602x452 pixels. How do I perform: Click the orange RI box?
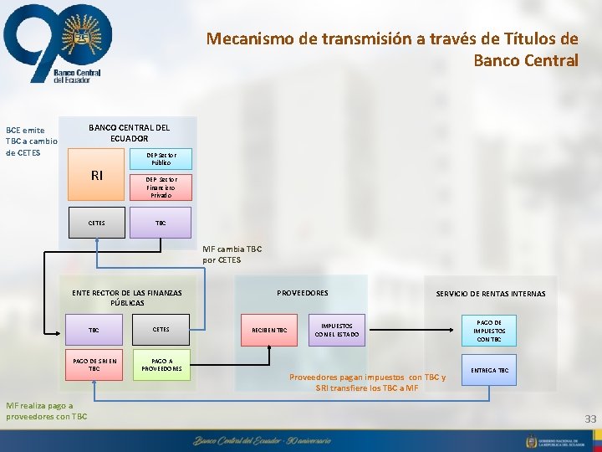coord(96,176)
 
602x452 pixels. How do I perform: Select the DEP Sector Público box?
coord(161,159)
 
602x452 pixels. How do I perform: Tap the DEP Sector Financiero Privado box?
coord(161,187)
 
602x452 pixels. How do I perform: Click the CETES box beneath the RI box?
coord(96,223)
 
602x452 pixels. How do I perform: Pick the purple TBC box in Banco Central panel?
coord(161,223)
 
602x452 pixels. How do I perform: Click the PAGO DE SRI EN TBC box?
coord(94,365)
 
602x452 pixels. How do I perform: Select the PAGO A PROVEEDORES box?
coord(161,365)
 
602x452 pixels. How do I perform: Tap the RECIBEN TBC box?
coord(269,331)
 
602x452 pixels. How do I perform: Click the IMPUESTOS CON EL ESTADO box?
coord(336,331)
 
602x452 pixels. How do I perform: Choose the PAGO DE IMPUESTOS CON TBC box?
coord(489,331)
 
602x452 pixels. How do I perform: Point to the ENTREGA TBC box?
coord(489,370)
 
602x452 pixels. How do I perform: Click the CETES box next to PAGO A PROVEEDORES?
coord(161,330)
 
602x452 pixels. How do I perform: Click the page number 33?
coord(590,419)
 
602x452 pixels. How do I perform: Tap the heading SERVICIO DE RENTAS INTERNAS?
coord(490,294)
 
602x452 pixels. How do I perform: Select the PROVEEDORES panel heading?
coord(302,293)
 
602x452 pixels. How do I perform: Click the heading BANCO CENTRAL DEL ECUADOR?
coord(129,132)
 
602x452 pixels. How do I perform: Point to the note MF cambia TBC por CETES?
coord(222,254)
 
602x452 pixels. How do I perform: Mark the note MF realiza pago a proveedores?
coord(46,411)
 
